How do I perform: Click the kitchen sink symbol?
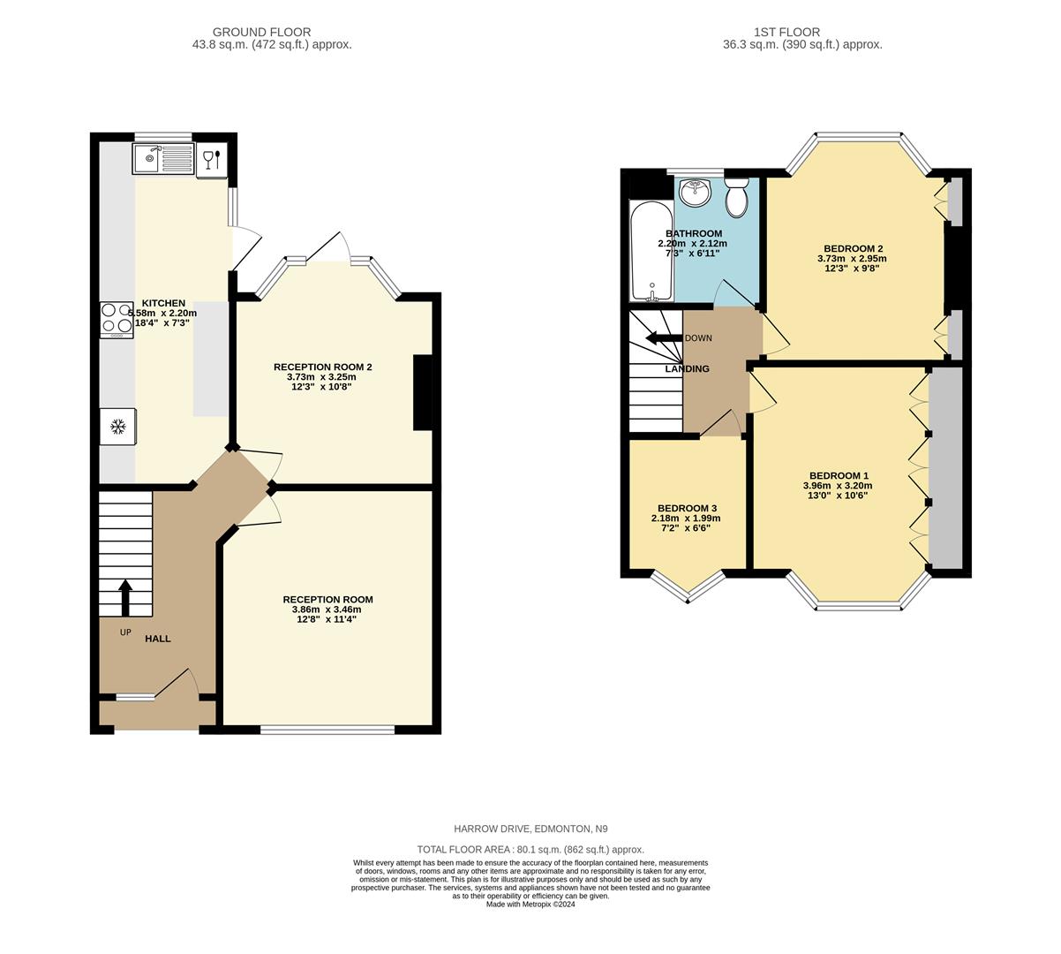coord(162,160)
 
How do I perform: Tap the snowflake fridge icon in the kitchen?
coord(117,427)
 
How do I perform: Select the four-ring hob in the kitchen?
coord(117,321)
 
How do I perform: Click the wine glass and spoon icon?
coord(213,160)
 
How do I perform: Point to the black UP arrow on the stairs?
coord(125,597)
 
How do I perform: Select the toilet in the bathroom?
coord(736,198)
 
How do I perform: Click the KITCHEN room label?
coord(163,303)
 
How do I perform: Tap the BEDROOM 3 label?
coord(687,508)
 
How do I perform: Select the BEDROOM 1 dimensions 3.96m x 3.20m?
coord(837,485)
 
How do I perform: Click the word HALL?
coord(158,639)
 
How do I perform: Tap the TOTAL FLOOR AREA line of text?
coord(530,849)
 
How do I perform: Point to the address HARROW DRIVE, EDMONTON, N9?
coord(530,829)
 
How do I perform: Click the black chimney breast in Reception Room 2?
coord(422,393)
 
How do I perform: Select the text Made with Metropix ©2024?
coord(530,904)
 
